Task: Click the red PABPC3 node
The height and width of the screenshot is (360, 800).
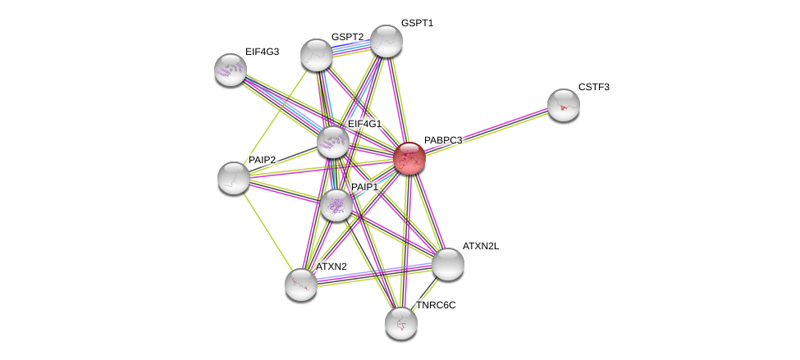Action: (409, 158)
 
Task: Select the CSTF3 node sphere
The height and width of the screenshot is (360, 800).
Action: (563, 106)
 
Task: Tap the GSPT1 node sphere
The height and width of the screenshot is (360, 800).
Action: (386, 41)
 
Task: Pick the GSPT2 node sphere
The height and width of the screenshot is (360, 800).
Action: (317, 55)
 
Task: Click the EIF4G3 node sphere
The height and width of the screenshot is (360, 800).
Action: (230, 70)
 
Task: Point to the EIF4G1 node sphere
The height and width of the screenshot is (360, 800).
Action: (332, 142)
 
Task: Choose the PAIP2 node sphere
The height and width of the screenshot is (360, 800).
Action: (234, 179)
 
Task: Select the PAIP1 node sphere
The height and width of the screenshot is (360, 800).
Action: (336, 206)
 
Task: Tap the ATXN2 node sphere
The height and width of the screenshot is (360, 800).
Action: (301, 285)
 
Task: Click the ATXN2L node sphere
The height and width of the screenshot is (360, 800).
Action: (448, 264)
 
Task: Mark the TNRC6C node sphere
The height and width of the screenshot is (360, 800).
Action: (401, 323)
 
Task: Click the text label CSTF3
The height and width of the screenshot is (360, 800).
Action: (594, 87)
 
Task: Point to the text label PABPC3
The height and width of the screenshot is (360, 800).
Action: (443, 140)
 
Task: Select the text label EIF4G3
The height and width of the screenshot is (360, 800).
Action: (263, 52)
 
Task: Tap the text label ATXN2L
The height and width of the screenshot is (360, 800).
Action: (481, 246)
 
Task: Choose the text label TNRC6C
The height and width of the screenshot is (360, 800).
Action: (437, 305)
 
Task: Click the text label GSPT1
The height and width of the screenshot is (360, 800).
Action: (417, 23)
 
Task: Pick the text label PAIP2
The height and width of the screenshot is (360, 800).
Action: (263, 160)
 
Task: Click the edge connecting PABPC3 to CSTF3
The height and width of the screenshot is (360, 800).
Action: (487, 132)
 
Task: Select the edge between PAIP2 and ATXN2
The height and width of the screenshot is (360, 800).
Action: (267, 231)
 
